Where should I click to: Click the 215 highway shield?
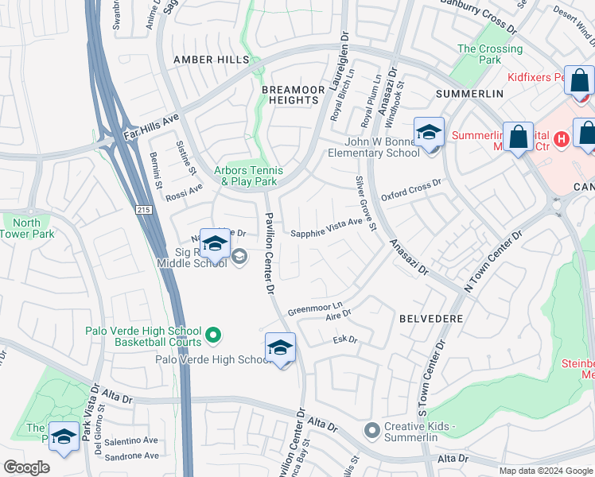142,209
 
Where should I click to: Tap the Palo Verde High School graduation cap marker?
280,348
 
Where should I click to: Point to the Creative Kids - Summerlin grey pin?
371,430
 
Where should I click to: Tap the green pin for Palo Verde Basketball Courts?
213,336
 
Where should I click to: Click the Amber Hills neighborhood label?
212,60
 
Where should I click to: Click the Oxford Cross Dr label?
410,191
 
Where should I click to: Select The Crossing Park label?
490,54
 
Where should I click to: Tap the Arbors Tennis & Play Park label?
248,176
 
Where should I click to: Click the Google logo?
27,467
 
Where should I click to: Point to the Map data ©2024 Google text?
545,470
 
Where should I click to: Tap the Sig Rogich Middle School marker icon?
214,242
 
